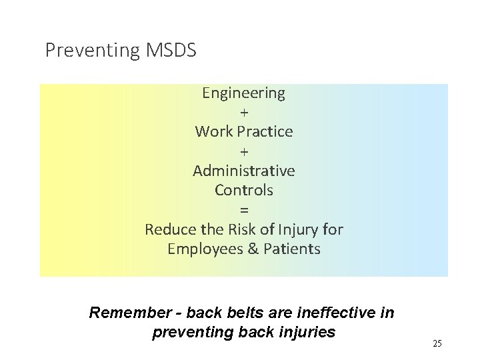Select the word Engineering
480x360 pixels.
click(x=243, y=93)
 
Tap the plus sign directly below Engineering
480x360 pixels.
click(x=243, y=113)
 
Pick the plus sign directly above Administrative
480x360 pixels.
click(x=243, y=151)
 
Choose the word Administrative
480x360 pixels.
click(x=243, y=171)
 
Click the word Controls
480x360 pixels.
click(x=243, y=190)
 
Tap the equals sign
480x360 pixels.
click(x=243, y=209)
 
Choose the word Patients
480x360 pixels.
click(x=291, y=249)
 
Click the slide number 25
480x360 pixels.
click(x=437, y=343)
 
